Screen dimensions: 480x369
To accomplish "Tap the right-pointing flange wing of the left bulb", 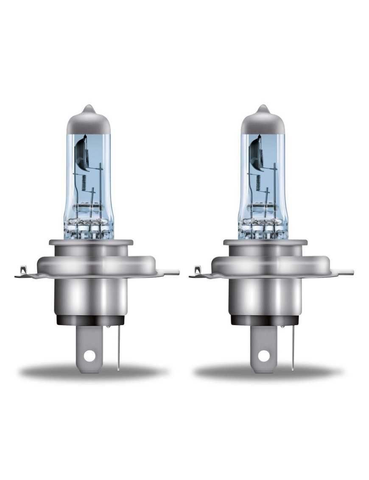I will click(170, 271).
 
